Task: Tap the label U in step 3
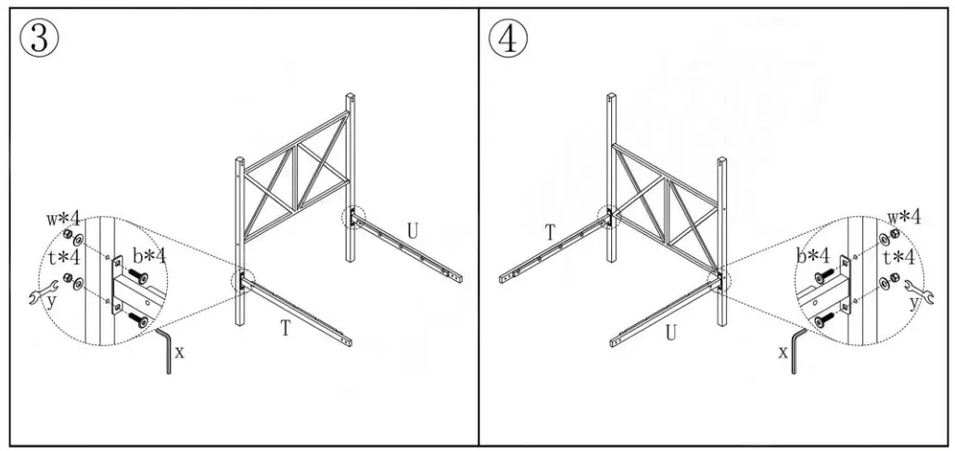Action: (x=413, y=228)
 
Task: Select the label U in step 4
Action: (x=670, y=333)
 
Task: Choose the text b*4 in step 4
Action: (x=811, y=255)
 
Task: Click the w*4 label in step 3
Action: (x=64, y=220)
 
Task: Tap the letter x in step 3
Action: (x=179, y=353)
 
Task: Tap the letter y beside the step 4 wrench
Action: (x=914, y=303)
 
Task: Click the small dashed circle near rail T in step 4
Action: (x=608, y=216)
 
